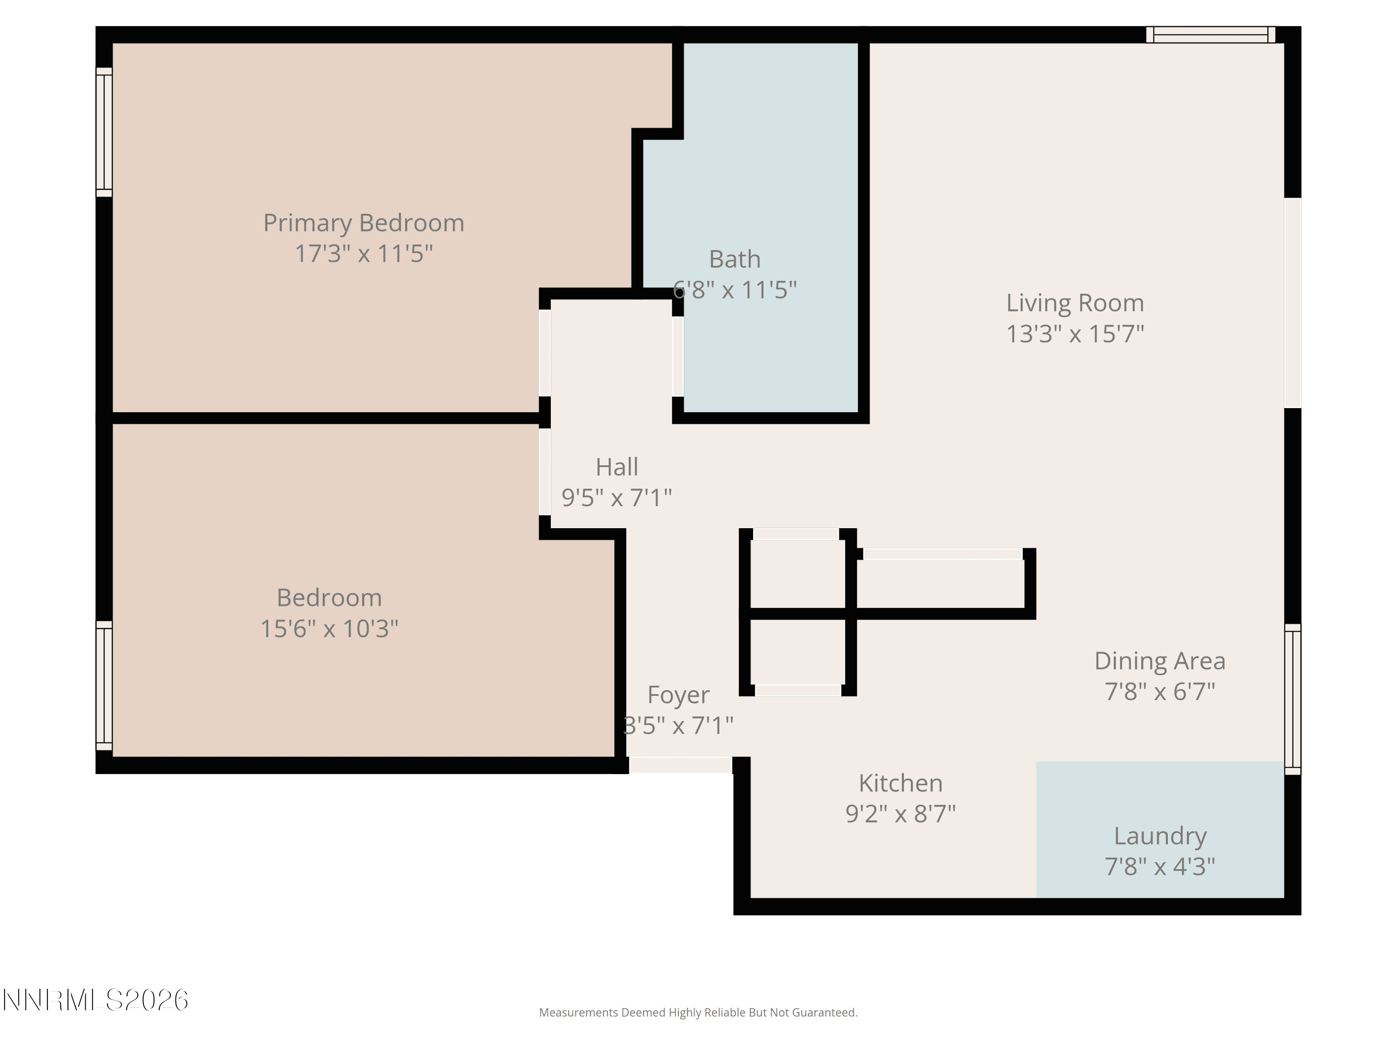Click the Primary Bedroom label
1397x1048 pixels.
(364, 223)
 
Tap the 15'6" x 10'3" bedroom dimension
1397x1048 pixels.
(329, 628)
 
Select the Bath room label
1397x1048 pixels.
(734, 259)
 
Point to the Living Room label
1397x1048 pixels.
(1075, 303)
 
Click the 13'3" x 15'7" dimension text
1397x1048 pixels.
(1075, 333)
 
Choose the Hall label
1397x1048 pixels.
(617, 467)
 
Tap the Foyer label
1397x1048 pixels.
(678, 695)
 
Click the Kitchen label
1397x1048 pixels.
(901, 783)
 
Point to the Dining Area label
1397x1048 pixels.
(1160, 661)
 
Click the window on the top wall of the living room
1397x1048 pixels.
(1211, 35)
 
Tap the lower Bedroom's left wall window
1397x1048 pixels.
(104, 686)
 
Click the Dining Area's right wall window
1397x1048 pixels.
(1293, 699)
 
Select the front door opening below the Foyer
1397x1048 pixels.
(681, 765)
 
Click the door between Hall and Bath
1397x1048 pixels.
(678, 356)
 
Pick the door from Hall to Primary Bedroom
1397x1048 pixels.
(544, 353)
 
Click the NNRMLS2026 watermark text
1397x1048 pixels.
(95, 1000)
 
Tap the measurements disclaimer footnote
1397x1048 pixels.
(698, 1013)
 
